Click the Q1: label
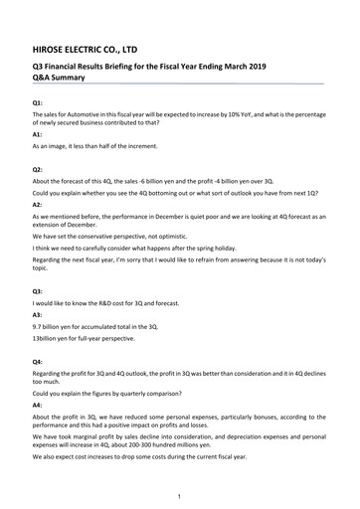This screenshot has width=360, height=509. point(38,103)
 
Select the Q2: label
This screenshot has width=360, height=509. point(38,169)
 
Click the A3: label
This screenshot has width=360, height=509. point(38,312)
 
